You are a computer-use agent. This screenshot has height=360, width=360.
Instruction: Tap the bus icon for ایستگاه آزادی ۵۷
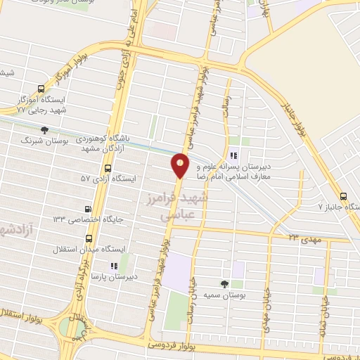click(x=108, y=169)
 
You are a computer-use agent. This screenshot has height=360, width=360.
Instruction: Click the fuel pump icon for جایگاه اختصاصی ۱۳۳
click(x=88, y=209)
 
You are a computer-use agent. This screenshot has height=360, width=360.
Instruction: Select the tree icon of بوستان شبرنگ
click(x=45, y=130)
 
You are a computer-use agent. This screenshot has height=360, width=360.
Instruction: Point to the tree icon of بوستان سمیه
click(x=224, y=283)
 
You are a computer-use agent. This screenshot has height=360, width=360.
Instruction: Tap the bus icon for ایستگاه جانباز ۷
click(x=342, y=197)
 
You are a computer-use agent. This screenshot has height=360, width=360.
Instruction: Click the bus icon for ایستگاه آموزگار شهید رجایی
click(x=40, y=89)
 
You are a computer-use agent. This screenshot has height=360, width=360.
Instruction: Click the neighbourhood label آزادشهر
click(x=18, y=229)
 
